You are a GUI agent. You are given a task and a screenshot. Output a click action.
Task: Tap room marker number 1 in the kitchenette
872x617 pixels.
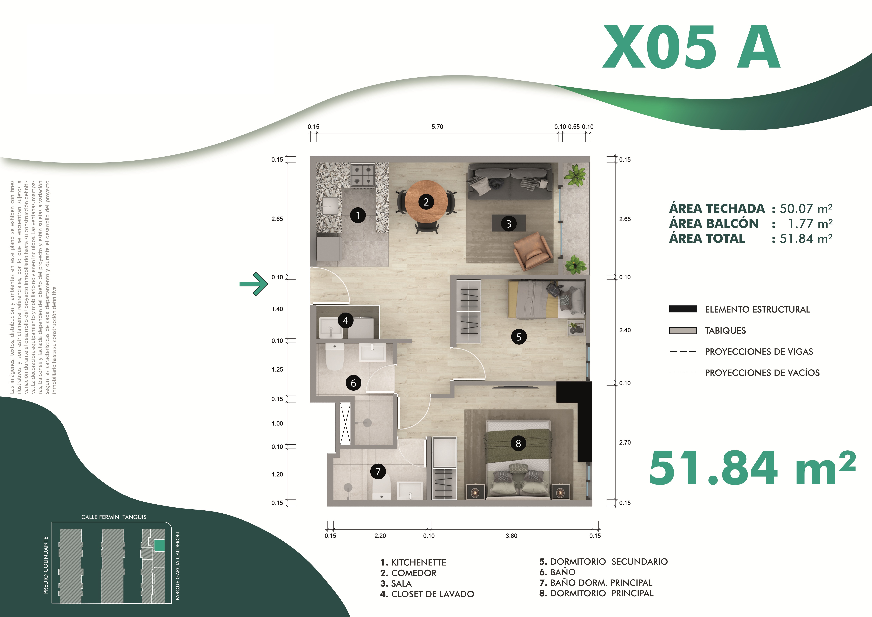357,215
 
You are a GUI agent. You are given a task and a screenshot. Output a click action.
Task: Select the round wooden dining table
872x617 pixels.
426,202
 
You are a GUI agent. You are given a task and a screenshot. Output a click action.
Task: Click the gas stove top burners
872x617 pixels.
363,175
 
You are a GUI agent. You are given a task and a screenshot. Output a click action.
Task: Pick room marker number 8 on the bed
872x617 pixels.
518,443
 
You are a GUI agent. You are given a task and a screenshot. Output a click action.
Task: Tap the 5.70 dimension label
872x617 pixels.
437,126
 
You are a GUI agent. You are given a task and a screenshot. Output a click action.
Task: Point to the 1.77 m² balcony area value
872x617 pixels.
810,224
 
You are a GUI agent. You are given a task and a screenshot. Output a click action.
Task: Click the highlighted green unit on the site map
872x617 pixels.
160,546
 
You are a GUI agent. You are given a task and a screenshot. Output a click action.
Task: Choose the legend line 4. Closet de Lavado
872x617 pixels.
427,594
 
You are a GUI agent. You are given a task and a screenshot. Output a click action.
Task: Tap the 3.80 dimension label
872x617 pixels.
511,536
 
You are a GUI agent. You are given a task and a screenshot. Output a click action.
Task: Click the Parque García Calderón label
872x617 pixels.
177,566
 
